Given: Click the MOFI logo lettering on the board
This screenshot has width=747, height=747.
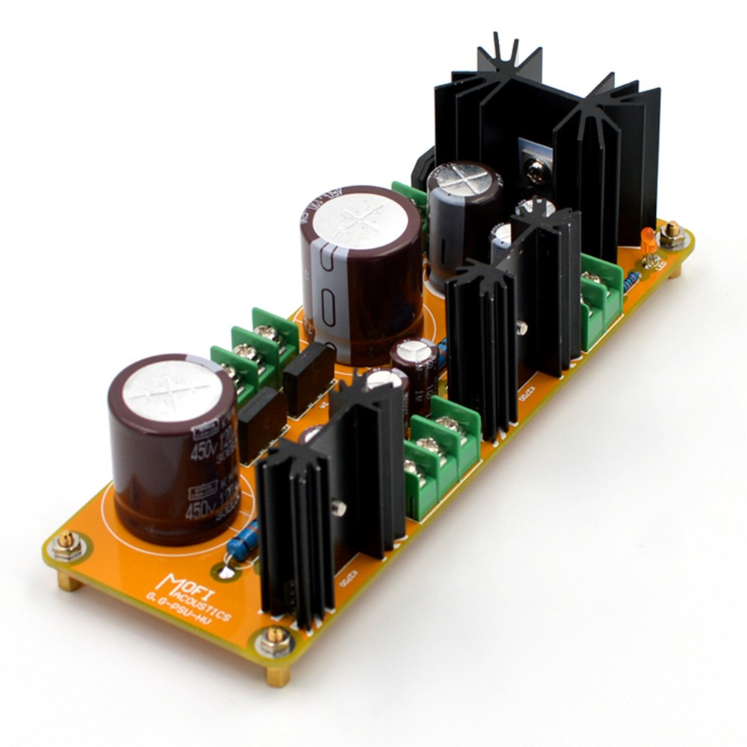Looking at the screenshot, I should click(184, 583).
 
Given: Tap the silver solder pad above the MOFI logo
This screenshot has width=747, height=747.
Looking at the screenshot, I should click(226, 573).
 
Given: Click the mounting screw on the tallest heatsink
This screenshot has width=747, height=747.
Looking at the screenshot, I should click(534, 173).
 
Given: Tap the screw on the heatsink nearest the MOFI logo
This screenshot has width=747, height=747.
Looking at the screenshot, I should click(341, 508).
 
